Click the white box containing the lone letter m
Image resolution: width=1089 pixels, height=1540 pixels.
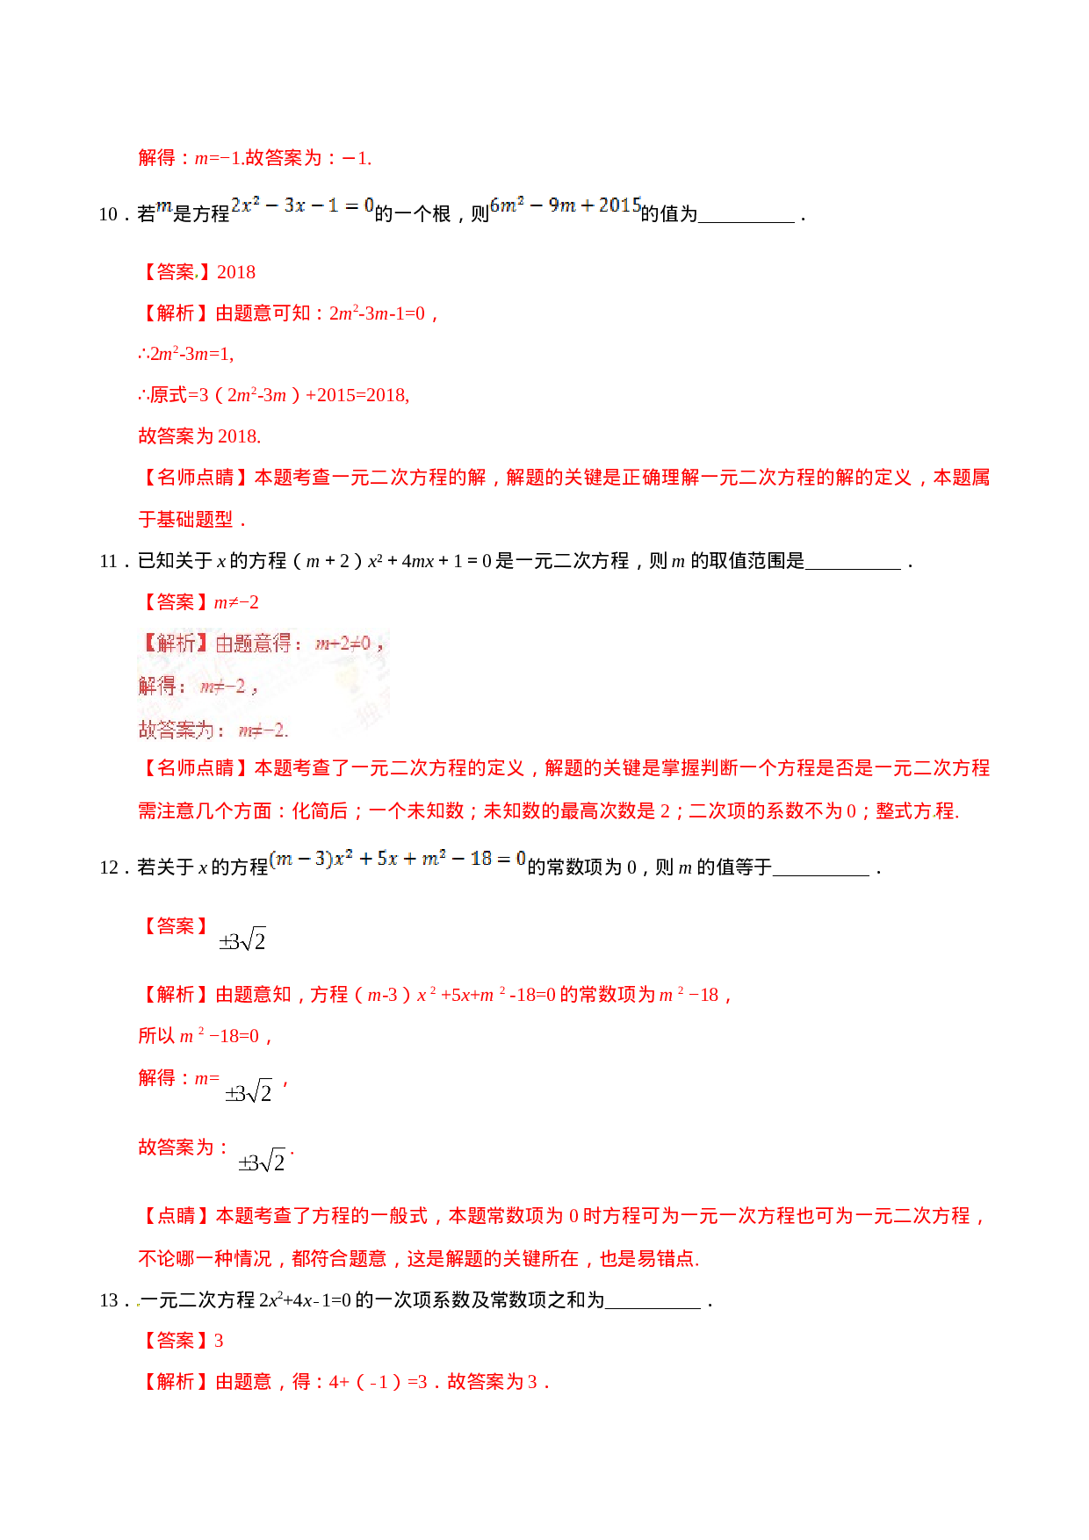164,205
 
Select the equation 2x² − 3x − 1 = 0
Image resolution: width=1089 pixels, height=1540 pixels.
302,205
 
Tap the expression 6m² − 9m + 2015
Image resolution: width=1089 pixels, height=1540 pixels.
565,205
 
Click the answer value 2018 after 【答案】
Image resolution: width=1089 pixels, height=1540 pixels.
236,272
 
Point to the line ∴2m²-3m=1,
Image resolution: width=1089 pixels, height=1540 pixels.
186,354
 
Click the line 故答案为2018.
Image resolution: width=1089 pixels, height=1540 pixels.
199,436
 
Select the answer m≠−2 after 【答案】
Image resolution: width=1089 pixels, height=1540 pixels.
236,602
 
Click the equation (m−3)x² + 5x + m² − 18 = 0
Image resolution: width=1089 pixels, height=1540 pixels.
397,858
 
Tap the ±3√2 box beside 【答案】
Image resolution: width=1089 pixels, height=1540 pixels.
242,939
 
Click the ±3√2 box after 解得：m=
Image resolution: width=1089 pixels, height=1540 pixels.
248,1090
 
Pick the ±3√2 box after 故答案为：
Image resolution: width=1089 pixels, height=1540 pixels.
262,1160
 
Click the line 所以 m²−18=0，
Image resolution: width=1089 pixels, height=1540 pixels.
206,1036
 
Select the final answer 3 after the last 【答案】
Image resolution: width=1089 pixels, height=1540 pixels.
219,1341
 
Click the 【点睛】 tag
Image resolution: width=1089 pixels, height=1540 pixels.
177,1216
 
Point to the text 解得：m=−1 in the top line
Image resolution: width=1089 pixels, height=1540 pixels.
190,158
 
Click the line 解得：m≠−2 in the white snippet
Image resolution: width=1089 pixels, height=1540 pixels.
198,686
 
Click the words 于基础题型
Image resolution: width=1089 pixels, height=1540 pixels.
186,520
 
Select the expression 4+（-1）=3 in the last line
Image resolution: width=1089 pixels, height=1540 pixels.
379,1382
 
